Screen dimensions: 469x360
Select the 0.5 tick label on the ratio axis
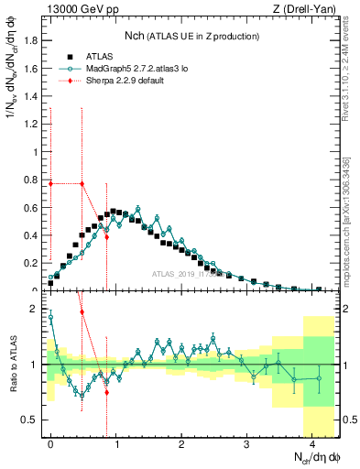pos(30,420)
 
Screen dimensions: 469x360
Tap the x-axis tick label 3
pos(246,445)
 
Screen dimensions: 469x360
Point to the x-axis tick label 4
pos(312,445)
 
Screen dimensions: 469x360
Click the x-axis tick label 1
pos(115,445)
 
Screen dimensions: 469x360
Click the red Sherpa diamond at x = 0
pos(50,183)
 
